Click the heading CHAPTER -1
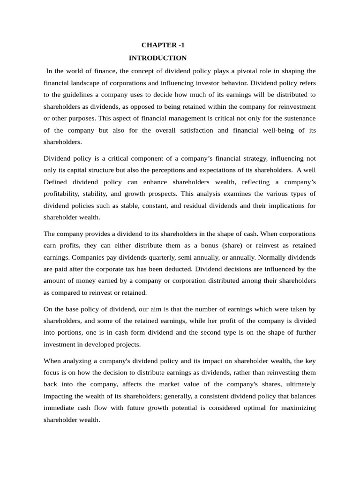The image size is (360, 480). pyautogui.click(x=160, y=45)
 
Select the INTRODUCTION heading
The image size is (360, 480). pyautogui.click(x=157, y=58)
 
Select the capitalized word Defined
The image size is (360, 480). pyautogui.click(x=56, y=181)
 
